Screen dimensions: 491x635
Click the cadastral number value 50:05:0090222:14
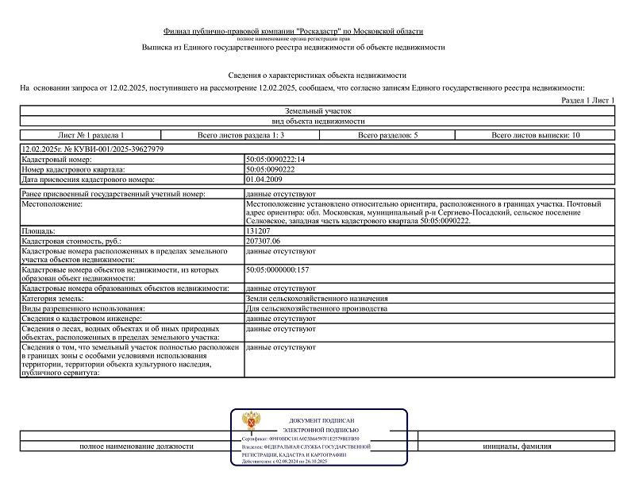[x=275, y=160]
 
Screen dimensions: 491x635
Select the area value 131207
[x=260, y=231]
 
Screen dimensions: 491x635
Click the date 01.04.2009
[x=264, y=179]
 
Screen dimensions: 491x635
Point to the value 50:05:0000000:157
[x=277, y=270]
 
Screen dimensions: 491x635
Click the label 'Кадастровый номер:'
[x=56, y=160]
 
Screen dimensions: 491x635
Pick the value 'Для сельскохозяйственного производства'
[x=317, y=308]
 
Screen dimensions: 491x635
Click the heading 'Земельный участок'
[x=317, y=111]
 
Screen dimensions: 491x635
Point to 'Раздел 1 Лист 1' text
[x=587, y=100]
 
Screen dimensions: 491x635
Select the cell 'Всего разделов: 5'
[x=387, y=136]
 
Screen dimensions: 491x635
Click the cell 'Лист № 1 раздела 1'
[x=90, y=136]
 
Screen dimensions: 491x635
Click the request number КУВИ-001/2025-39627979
[x=114, y=149]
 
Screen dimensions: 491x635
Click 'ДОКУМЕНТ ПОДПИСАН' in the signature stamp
[x=321, y=420]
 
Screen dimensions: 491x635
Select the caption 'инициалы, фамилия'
[x=517, y=447]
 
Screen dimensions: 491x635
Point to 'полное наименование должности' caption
[x=137, y=447]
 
